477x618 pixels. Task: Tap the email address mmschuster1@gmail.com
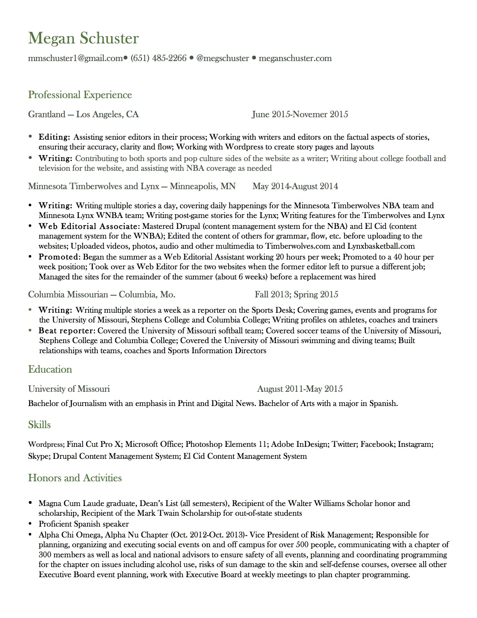pos(75,58)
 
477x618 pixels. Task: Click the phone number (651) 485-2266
pos(158,58)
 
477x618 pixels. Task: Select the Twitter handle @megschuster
pos(223,58)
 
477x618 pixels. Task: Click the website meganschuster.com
pos(295,58)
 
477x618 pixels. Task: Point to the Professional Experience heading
pos(80,95)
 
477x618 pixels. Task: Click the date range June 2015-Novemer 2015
pos(300,114)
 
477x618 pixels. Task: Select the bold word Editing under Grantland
pos(54,137)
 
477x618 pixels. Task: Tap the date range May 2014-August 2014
pos(295,186)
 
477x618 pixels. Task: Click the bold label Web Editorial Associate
pos(88,226)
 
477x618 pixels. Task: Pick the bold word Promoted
pos(59,257)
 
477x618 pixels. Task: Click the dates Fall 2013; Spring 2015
pos(296,294)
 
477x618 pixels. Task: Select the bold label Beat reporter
pos(67,331)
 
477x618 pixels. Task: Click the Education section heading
pos(50,369)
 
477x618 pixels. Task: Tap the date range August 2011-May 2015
pos(300,389)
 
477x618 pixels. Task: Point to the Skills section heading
pos(39,425)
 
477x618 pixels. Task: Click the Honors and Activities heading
pos(75,478)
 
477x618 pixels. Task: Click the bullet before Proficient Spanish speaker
pos(30,524)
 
